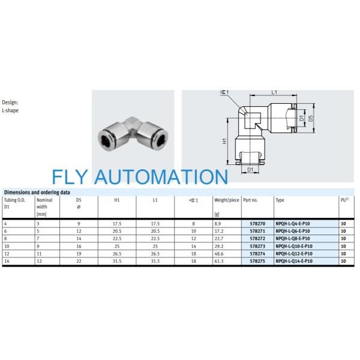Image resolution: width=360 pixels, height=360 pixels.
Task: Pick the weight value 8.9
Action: click(x=217, y=223)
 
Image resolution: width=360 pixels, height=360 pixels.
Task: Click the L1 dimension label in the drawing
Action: click(x=274, y=92)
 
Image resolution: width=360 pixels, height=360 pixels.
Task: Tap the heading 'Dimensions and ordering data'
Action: click(x=38, y=193)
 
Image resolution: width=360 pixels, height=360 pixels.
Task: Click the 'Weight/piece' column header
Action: click(x=226, y=199)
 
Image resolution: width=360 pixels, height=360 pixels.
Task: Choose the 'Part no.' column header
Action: click(x=251, y=199)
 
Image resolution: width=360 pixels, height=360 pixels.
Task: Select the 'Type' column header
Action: click(x=280, y=199)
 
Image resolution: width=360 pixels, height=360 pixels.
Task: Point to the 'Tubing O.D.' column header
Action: click(x=14, y=199)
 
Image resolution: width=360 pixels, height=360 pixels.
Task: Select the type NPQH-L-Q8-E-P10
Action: click(x=292, y=239)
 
